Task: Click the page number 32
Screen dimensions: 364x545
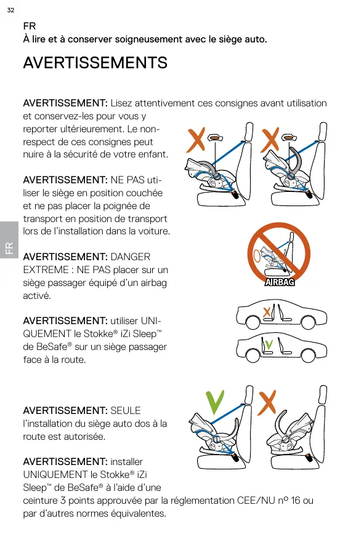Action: (x=11, y=10)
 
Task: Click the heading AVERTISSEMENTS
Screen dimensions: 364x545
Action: (x=95, y=63)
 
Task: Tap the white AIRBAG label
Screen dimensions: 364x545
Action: (x=280, y=282)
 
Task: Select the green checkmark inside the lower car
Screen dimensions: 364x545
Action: (x=269, y=344)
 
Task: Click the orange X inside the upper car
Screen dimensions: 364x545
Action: (x=267, y=312)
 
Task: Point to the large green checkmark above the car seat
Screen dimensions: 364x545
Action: (x=215, y=402)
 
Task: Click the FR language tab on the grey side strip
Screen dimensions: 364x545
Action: (x=9, y=248)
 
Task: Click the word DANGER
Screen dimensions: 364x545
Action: (x=130, y=257)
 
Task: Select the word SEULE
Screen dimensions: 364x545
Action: (x=125, y=410)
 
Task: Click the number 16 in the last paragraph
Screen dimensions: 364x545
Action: (x=296, y=501)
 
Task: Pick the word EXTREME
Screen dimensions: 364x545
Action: (x=46, y=269)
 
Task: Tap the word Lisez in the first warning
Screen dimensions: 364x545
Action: (x=121, y=103)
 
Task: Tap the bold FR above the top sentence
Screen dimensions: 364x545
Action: (x=30, y=26)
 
